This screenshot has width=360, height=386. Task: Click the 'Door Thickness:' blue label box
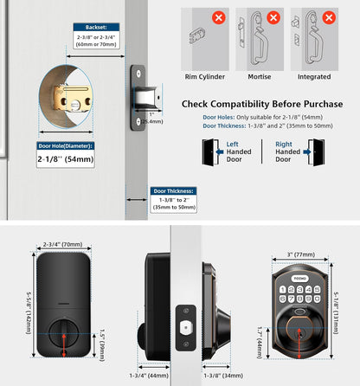[174, 190]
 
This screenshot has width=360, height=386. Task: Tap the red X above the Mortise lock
[273, 17]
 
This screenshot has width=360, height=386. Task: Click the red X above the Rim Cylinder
[218, 17]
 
